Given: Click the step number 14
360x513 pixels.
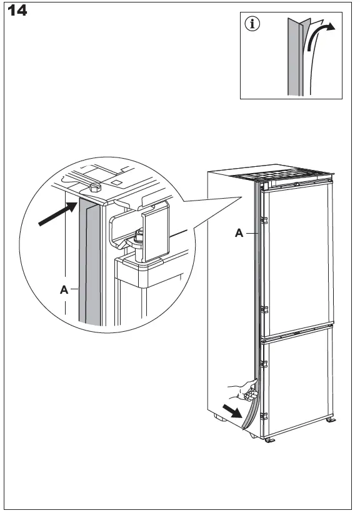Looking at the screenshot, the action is (17, 11).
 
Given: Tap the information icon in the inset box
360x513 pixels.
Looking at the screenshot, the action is (252, 24).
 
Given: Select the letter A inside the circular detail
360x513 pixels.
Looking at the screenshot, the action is (64, 289).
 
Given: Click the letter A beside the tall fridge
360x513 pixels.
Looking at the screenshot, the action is (239, 233).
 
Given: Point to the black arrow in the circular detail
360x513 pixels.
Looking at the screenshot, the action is (58, 214).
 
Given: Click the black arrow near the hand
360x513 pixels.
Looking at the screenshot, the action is (232, 411).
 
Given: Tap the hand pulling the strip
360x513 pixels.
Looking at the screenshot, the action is (243, 391).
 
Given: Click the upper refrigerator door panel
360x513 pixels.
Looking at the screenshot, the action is (297, 259).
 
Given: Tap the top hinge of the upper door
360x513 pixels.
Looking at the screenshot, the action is (264, 220).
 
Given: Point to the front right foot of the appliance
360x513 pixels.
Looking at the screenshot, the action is (269, 440).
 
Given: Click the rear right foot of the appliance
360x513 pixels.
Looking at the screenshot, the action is (331, 419).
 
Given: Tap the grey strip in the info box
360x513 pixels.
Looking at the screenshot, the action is (294, 57).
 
